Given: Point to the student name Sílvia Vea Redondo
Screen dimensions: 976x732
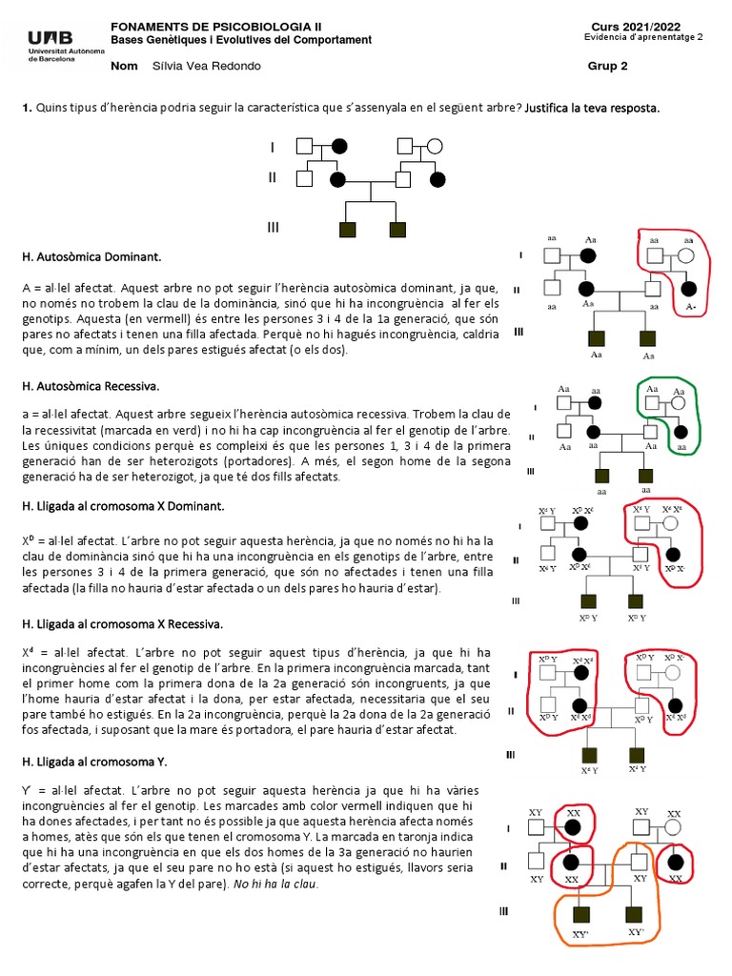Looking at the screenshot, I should tap(206, 66).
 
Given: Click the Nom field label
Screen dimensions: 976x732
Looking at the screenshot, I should tap(125, 66).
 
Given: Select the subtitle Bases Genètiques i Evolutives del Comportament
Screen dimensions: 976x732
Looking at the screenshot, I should tap(241, 39).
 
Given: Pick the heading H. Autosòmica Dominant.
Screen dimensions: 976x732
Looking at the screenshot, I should tap(91, 257).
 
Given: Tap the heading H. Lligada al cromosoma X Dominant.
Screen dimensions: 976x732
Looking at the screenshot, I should tap(123, 505).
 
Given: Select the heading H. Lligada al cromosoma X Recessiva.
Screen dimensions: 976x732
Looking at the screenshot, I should tap(122, 623).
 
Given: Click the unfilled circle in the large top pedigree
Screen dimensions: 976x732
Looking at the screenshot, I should tap(436, 147).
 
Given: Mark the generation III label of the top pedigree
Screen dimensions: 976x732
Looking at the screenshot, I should tap(273, 227).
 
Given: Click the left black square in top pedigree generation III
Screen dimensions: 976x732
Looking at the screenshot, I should tap(346, 229).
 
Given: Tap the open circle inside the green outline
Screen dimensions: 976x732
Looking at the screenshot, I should tap(680, 403).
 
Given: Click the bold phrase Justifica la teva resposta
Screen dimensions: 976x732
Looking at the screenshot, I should tap(592, 108).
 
